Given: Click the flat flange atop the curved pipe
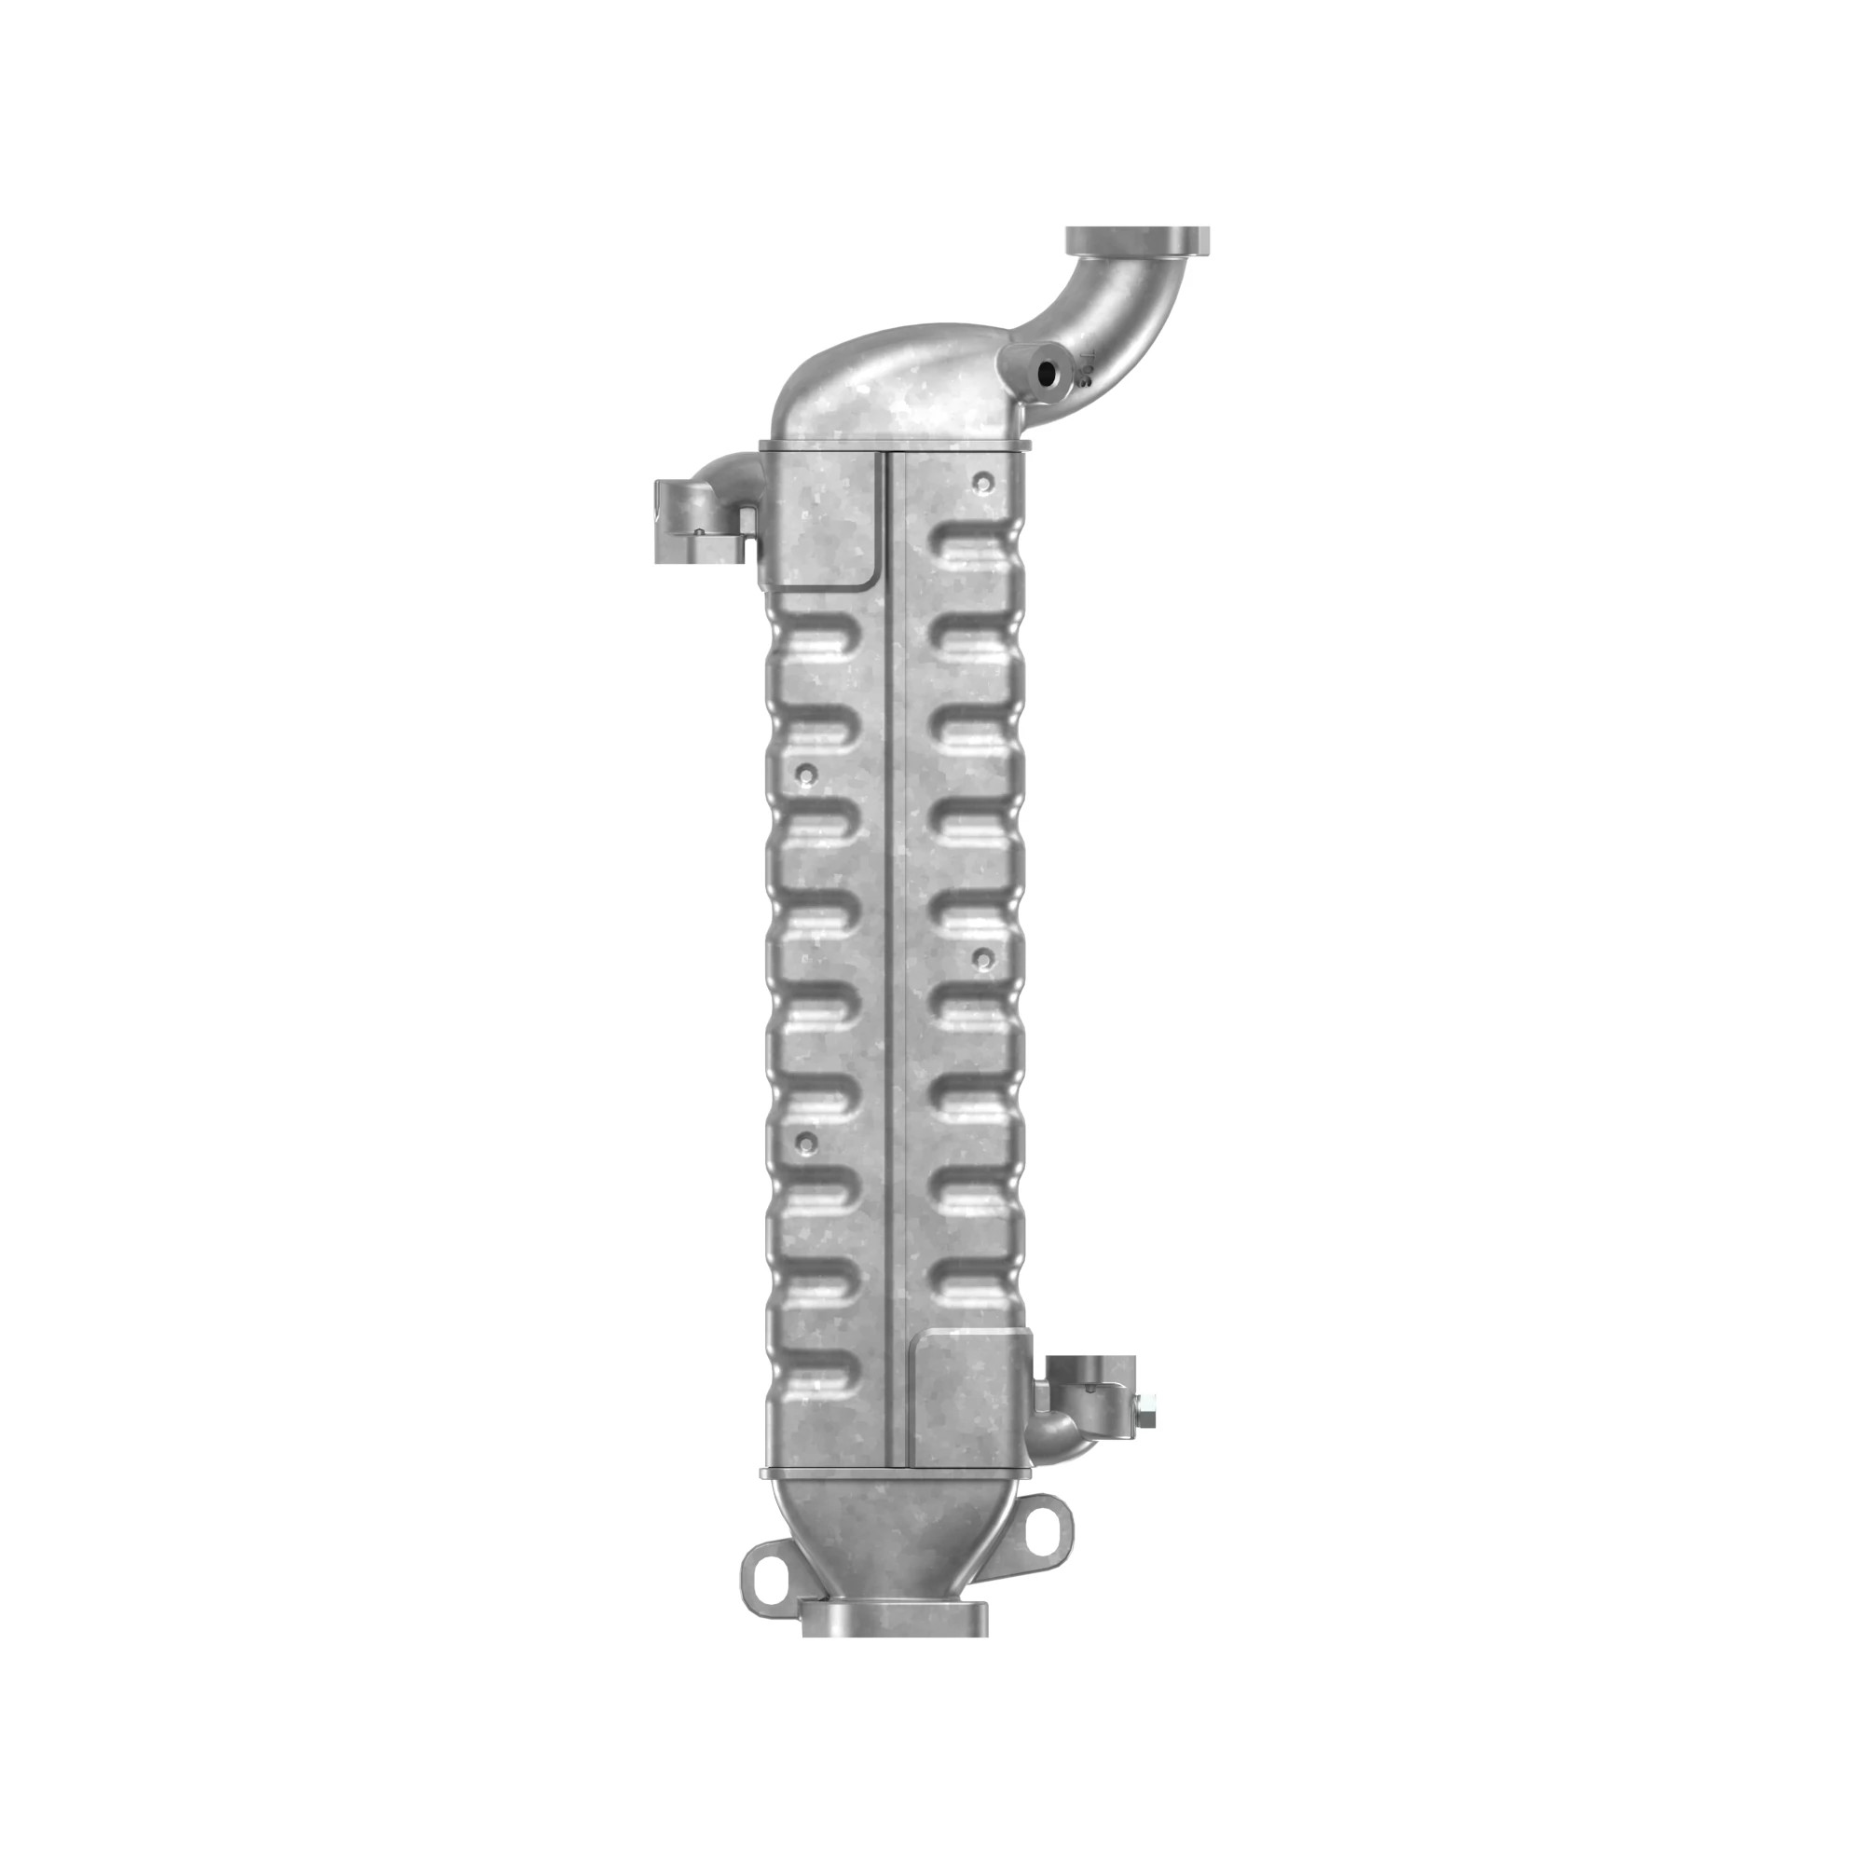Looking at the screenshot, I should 1136,239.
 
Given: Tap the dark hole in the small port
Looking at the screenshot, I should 1046,373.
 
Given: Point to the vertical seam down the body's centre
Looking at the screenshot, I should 895,965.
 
